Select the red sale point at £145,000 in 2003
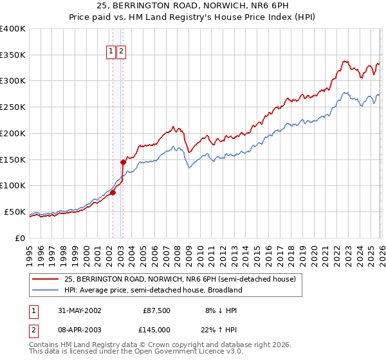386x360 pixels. coord(123,162)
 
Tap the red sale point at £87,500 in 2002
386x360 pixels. coord(113,192)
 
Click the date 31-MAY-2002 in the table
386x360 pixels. coord(80,310)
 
